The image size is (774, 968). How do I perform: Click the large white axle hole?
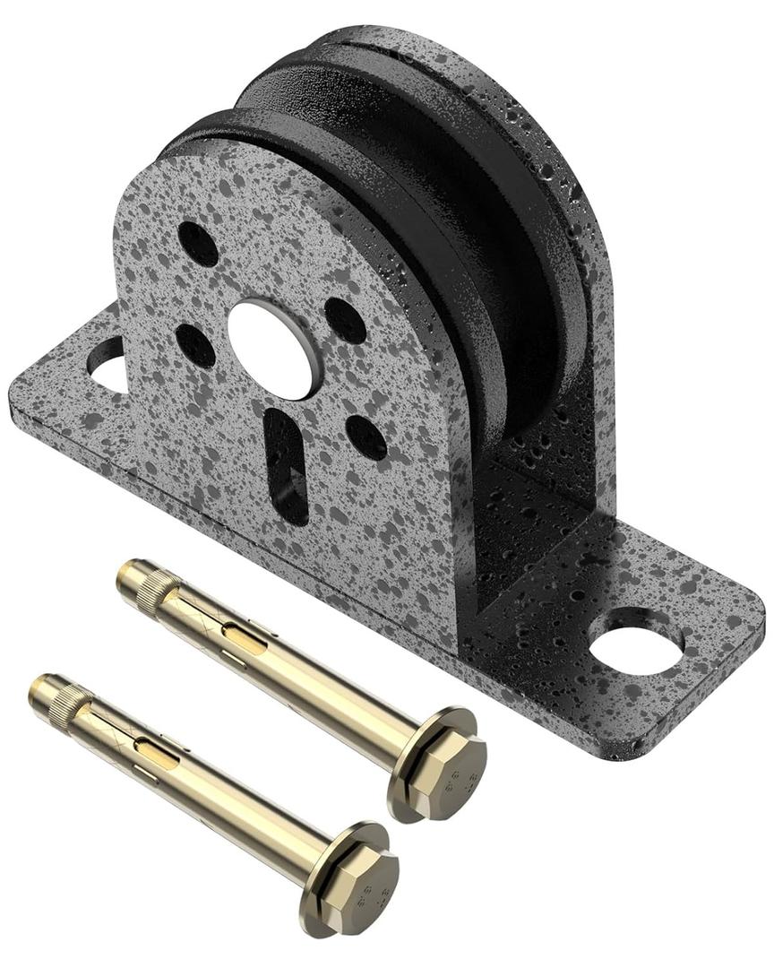(272, 349)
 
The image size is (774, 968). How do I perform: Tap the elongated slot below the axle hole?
(287, 465)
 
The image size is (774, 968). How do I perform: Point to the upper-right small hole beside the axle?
(345, 320)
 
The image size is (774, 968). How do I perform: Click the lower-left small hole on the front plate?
(194, 345)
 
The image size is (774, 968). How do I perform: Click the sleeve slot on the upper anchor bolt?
(244, 637)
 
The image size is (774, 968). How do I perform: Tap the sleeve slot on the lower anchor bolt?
(157, 752)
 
